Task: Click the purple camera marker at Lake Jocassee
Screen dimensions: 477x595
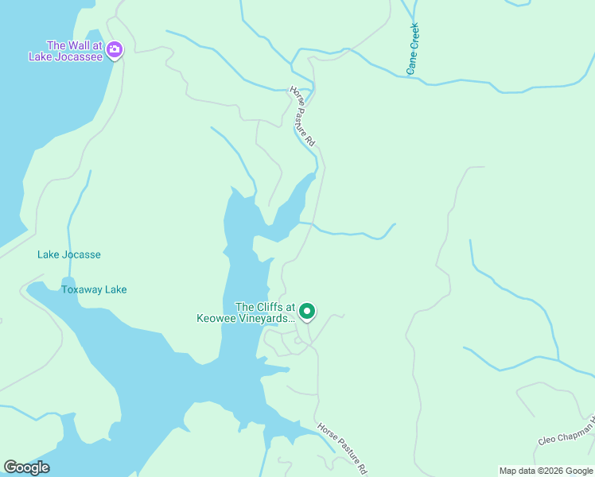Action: (x=115, y=51)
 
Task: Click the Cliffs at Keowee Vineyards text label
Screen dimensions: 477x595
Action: (x=246, y=312)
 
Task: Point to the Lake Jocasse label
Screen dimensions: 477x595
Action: (x=69, y=254)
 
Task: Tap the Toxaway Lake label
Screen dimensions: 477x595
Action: (x=94, y=289)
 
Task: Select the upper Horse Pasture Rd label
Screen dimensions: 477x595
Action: (x=303, y=115)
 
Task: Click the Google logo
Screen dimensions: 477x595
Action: (x=26, y=467)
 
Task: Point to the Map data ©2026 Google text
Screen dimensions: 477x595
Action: (x=546, y=471)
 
